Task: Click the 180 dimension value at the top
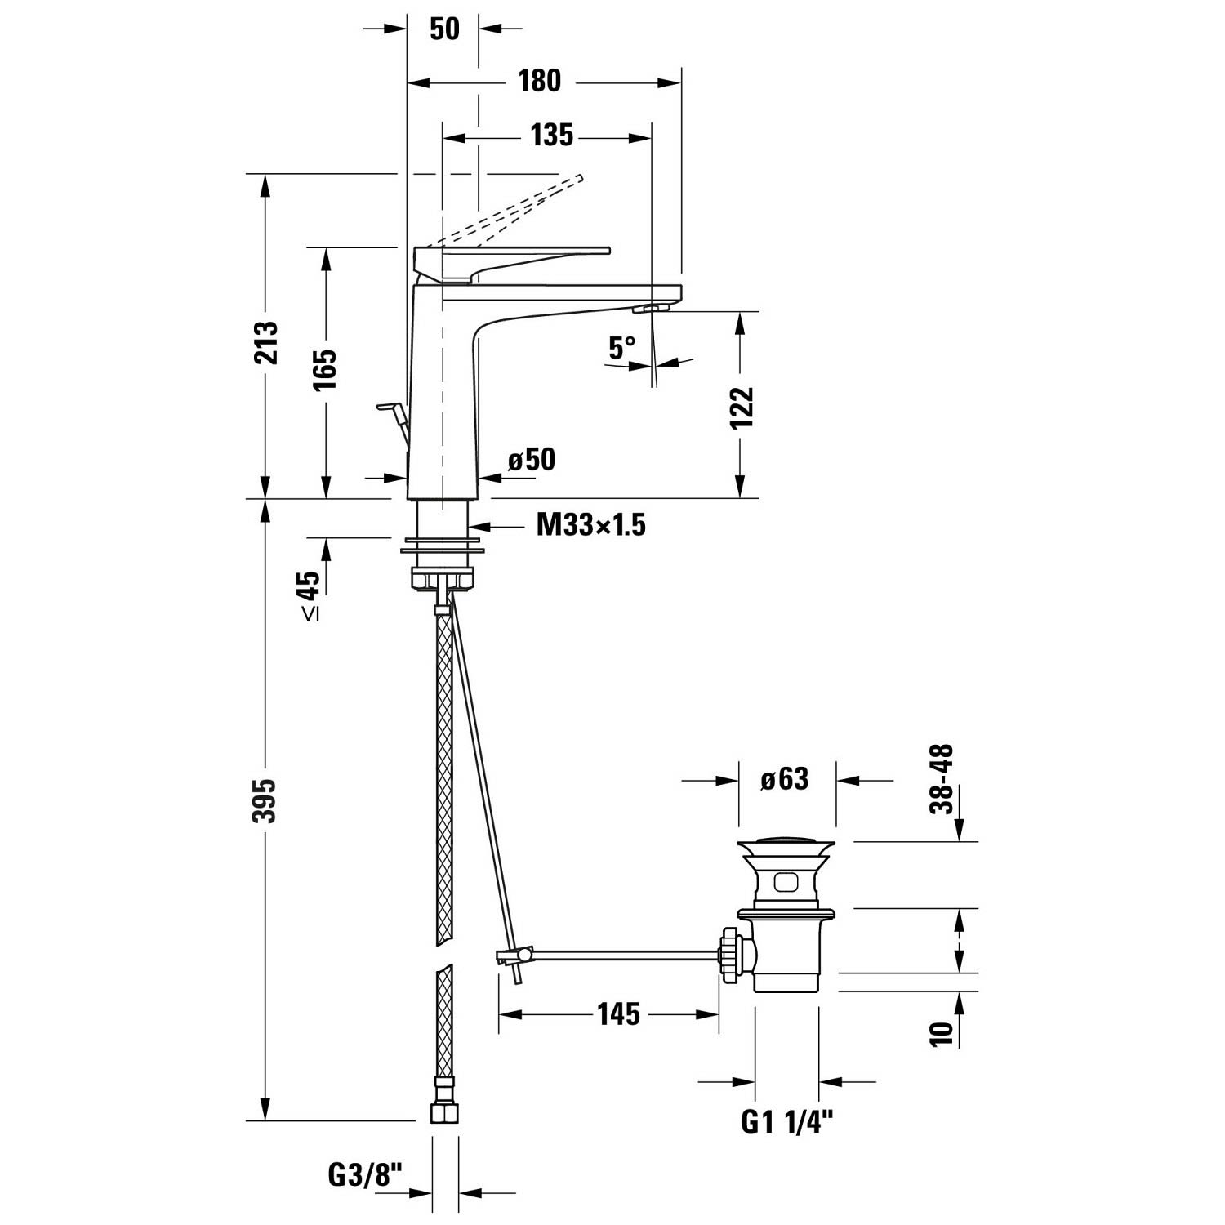point(540,81)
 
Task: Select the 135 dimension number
point(551,136)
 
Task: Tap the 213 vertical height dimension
point(265,342)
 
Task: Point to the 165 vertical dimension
point(325,369)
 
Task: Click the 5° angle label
point(622,349)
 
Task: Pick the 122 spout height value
point(741,408)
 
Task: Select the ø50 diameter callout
point(531,460)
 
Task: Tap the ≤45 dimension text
point(309,595)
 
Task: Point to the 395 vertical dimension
point(265,800)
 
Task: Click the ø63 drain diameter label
point(784,779)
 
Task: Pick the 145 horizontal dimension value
point(618,1014)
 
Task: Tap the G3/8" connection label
point(365,1175)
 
